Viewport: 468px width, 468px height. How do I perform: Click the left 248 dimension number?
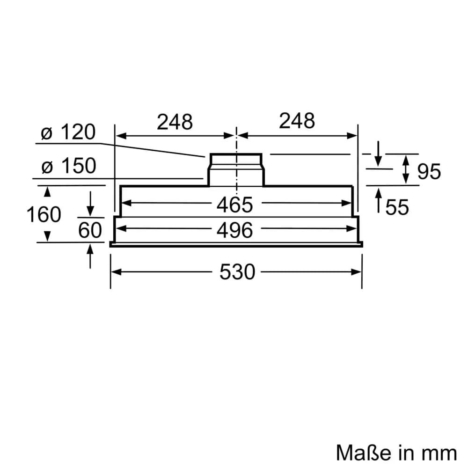pos(175,122)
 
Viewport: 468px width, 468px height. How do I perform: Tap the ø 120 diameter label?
pos(68,133)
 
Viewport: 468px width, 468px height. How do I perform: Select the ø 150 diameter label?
pos(68,166)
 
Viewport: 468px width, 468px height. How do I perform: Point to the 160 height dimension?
pos(44,215)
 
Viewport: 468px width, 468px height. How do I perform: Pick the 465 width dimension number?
pos(235,205)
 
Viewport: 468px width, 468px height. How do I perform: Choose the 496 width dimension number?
pos(235,230)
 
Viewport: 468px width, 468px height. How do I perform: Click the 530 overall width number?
pos(237,272)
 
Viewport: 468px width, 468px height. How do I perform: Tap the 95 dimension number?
pos(429,172)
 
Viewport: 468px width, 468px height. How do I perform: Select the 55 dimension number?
pos(397,207)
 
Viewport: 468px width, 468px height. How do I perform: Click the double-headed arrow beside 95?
pos(406,169)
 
